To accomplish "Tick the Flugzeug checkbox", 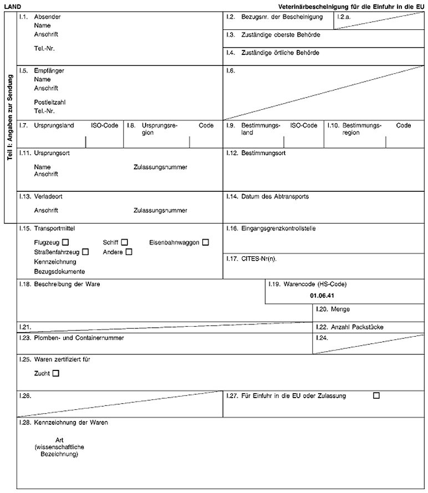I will click(x=66, y=242).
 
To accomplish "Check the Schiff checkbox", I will click(x=125, y=242).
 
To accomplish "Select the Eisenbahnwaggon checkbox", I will click(x=206, y=242).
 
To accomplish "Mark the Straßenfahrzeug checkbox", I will click(x=85, y=252).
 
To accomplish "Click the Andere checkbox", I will click(x=129, y=252).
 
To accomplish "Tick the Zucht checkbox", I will click(x=55, y=374).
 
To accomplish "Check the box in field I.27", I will click(x=377, y=395).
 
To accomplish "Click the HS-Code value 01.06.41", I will click(x=323, y=295).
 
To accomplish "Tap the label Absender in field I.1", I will click(x=47, y=17).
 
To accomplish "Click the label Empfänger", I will click(x=49, y=71).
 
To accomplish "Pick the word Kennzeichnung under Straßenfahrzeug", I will click(x=55, y=261).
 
